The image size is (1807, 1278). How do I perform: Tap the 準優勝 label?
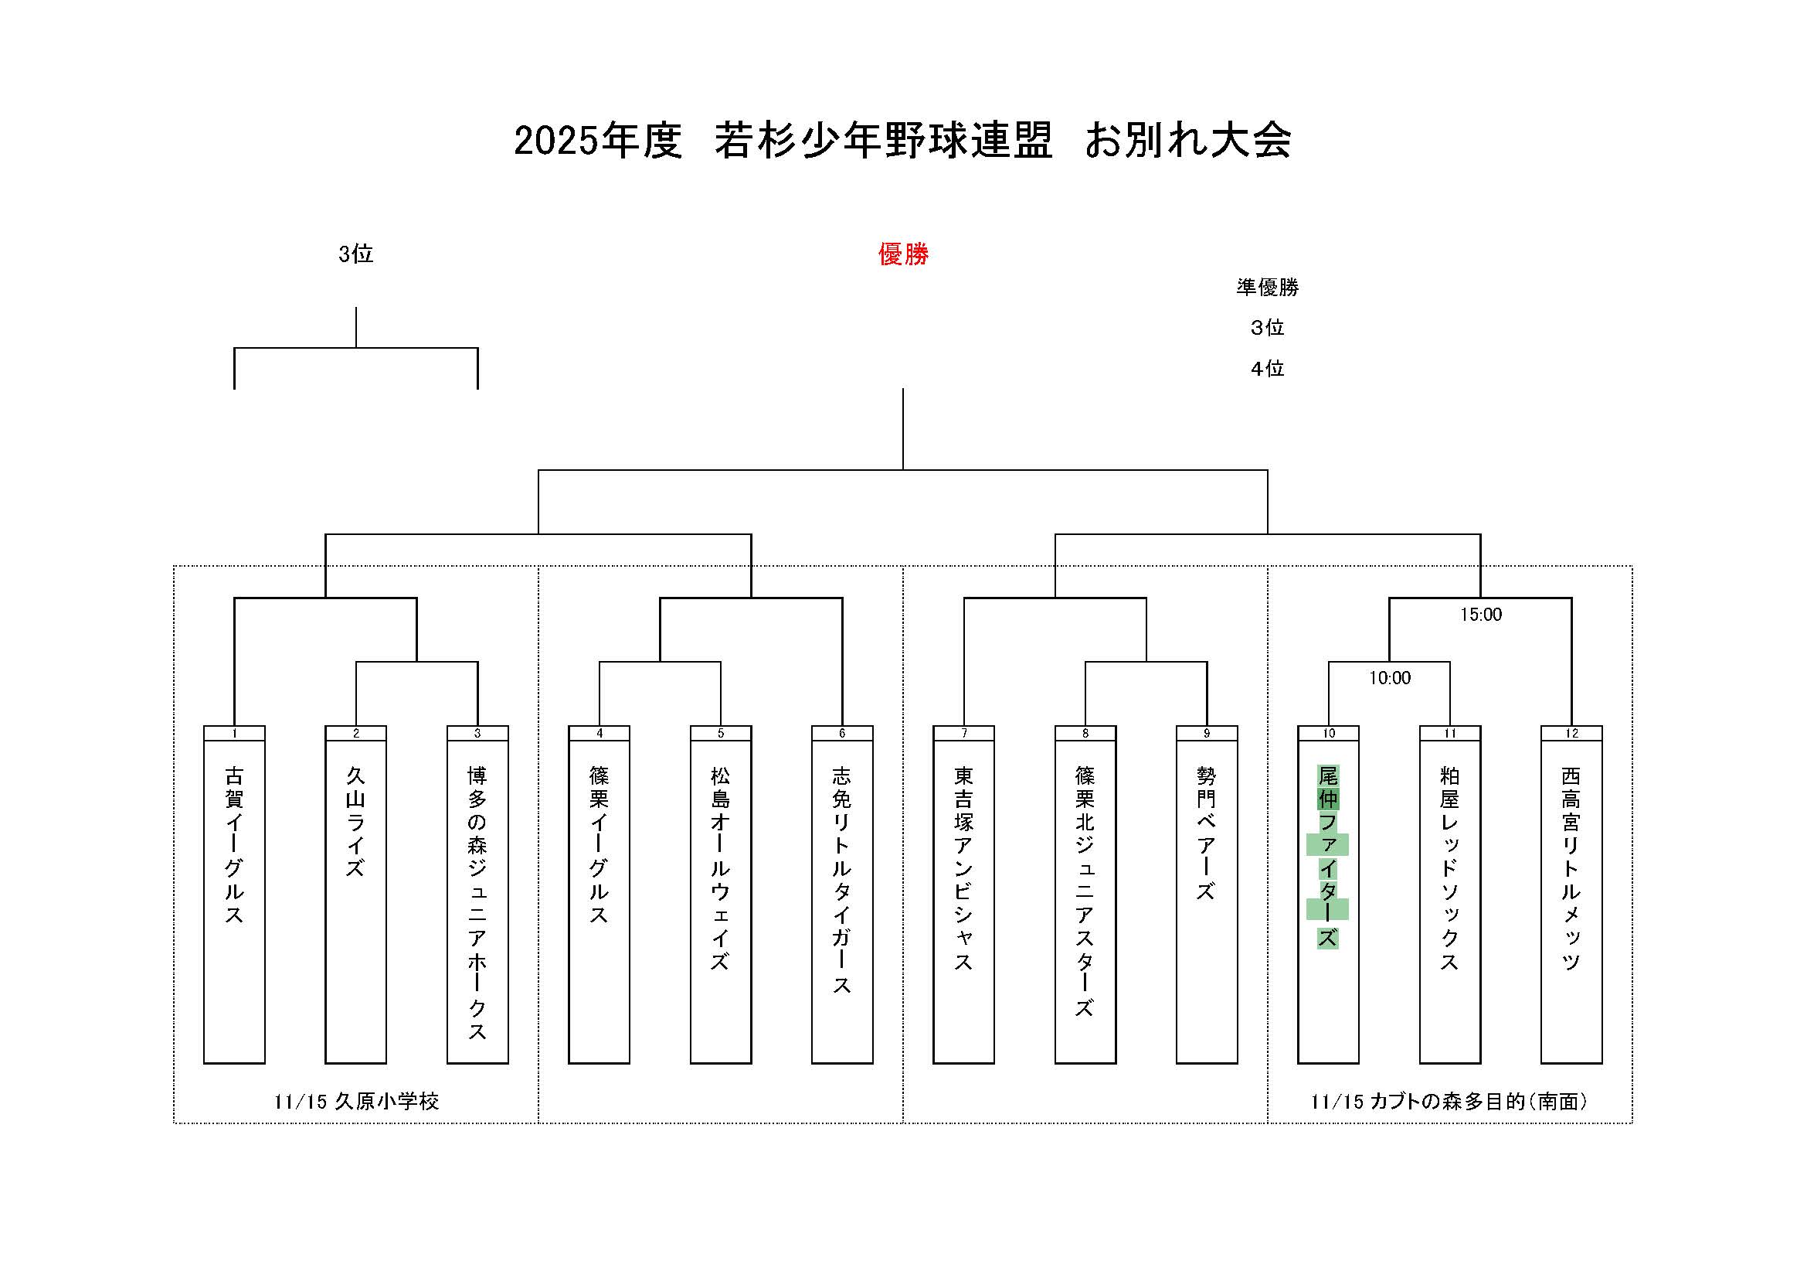pos(1267,288)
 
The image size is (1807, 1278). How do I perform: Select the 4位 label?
pos(1267,369)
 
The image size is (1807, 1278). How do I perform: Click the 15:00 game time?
pos(1480,614)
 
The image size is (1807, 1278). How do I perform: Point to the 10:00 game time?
pos(1389,678)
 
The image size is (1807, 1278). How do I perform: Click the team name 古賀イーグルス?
pos(234,845)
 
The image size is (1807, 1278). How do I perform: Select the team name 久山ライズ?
pos(355,821)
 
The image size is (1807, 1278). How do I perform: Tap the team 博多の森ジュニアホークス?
pos(477,902)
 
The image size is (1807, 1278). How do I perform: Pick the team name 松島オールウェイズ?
pos(720,867)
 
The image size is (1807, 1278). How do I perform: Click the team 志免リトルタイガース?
pos(842,880)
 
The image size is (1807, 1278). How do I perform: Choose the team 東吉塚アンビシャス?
pos(963,867)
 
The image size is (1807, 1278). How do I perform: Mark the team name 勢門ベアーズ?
pos(1207,833)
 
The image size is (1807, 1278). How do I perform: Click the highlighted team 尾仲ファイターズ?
pos(1328,856)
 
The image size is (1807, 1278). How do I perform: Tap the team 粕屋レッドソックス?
pos(1449,867)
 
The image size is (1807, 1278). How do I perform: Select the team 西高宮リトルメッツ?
pos(1571,867)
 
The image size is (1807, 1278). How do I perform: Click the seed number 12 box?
pos(1571,733)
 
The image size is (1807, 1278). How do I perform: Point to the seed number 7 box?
pos(963,733)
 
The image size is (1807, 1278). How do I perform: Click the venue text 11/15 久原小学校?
pos(355,1101)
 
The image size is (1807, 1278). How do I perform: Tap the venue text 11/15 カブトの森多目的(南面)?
pos(1449,1101)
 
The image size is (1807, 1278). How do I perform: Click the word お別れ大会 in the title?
pos(1187,141)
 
